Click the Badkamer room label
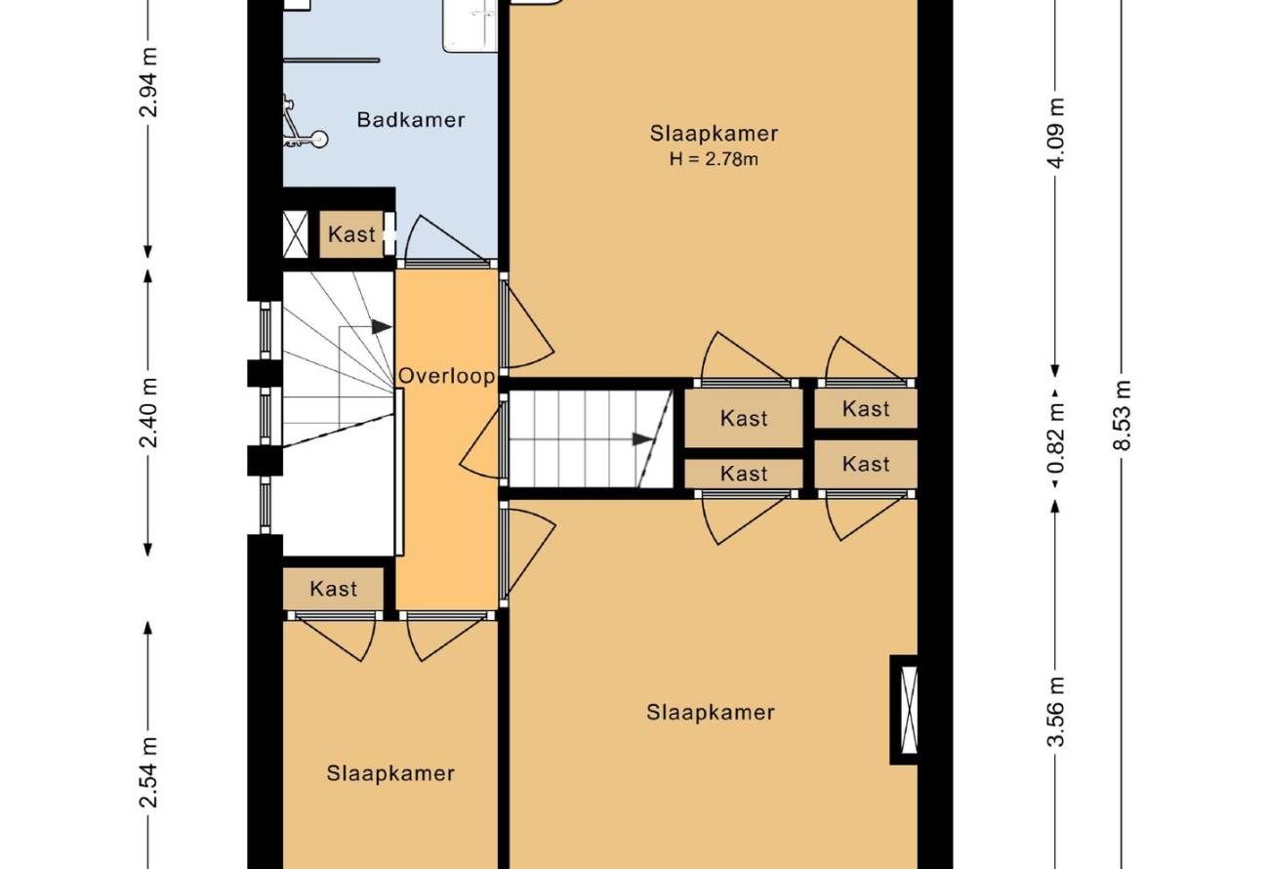pyautogui.click(x=411, y=120)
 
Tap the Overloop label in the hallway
pyautogui.click(x=447, y=376)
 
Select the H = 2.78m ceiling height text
pyautogui.click(x=714, y=159)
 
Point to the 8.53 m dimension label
pyautogui.click(x=1122, y=415)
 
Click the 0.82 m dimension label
pyautogui.click(x=1056, y=438)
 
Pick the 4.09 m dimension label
pyautogui.click(x=1056, y=133)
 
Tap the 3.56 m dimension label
pyautogui.click(x=1056, y=712)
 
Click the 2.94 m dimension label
pyautogui.click(x=148, y=82)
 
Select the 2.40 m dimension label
pyautogui.click(x=148, y=412)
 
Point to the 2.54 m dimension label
pyautogui.click(x=148, y=772)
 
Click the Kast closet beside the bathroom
pyautogui.click(x=351, y=234)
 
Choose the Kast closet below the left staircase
pyautogui.click(x=333, y=589)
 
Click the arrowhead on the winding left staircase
pyautogui.click(x=382, y=327)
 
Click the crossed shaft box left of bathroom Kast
pyautogui.click(x=295, y=234)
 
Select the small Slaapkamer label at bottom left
pyautogui.click(x=390, y=773)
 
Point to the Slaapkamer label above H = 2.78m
pyautogui.click(x=714, y=134)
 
